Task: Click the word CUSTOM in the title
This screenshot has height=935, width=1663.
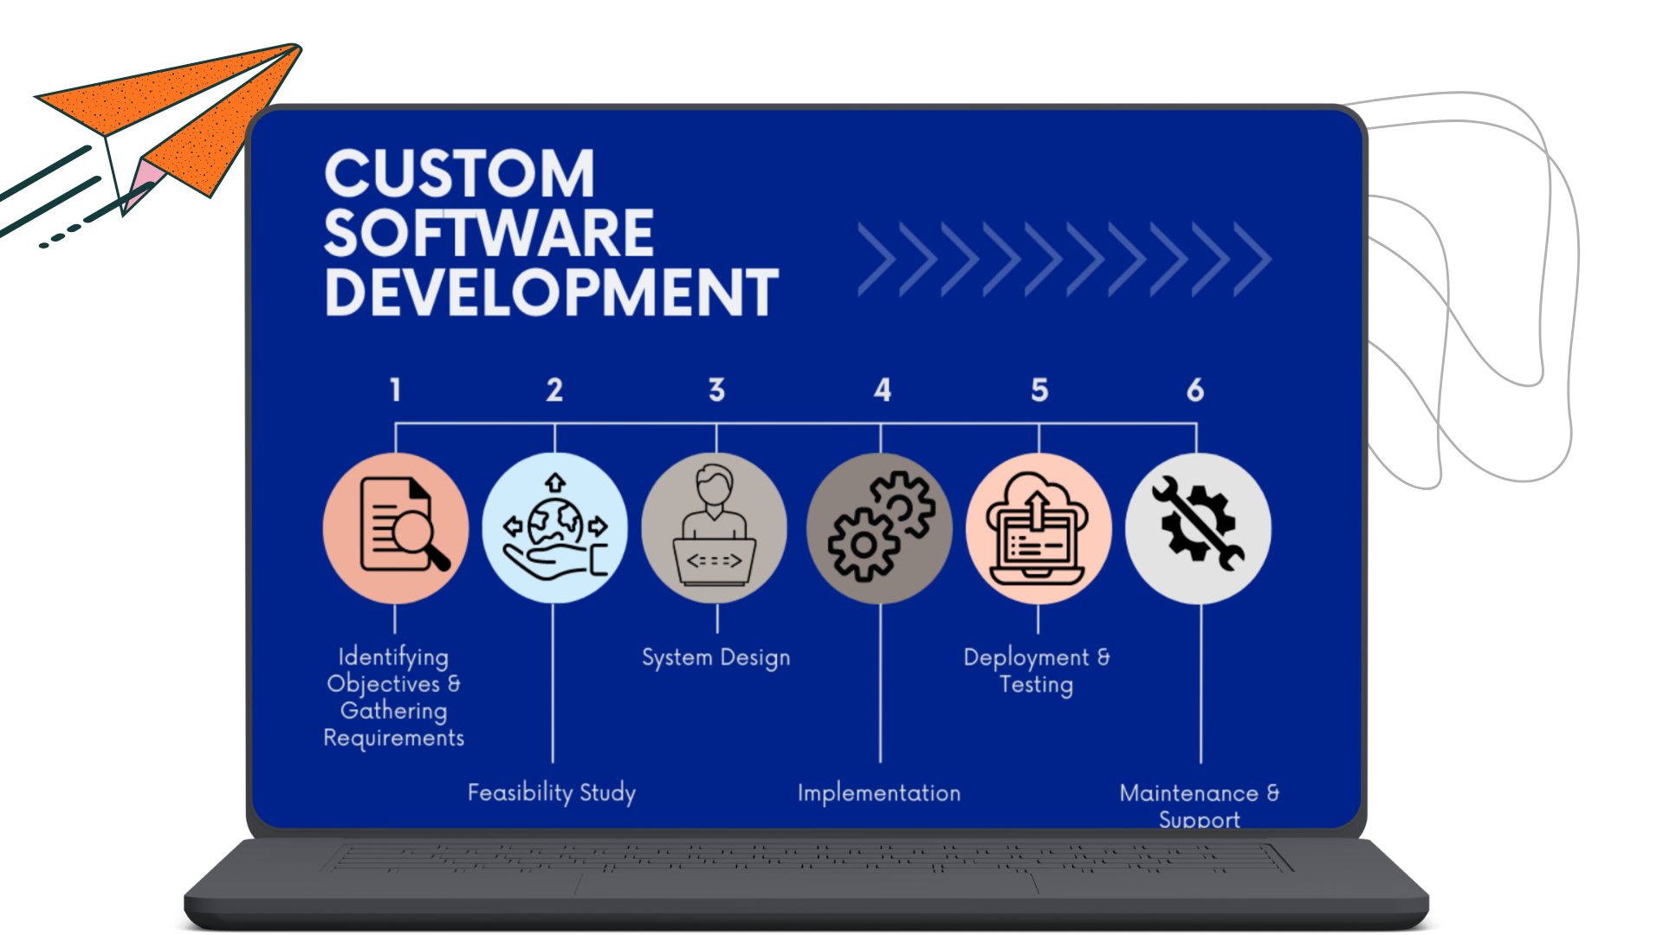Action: [x=459, y=173]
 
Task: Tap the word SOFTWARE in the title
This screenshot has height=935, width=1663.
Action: [x=489, y=233]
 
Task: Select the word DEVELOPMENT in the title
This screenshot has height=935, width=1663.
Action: [x=552, y=293]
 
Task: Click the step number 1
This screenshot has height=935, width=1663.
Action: [x=395, y=390]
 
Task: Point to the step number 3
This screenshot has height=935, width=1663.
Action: [x=716, y=390]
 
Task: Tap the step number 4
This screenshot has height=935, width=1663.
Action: [x=882, y=390]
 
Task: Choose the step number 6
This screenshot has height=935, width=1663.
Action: [x=1195, y=390]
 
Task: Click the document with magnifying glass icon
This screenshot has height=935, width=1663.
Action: [x=396, y=527]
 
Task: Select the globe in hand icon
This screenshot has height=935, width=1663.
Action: [x=555, y=527]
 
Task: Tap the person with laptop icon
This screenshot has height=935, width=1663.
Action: [x=715, y=527]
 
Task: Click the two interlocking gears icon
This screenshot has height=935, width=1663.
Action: [x=879, y=527]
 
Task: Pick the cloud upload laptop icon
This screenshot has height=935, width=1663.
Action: [x=1039, y=527]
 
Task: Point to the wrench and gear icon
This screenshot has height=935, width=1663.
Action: [x=1198, y=527]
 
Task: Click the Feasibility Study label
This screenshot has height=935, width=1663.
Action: [x=552, y=792]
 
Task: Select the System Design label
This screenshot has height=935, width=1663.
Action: [x=715, y=657]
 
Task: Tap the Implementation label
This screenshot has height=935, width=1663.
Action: [x=879, y=793]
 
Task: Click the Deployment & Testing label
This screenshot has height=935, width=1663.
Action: [x=1037, y=670]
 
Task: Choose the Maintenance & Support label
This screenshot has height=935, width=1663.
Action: [x=1200, y=805]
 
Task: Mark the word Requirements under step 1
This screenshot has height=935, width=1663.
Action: [x=394, y=738]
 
